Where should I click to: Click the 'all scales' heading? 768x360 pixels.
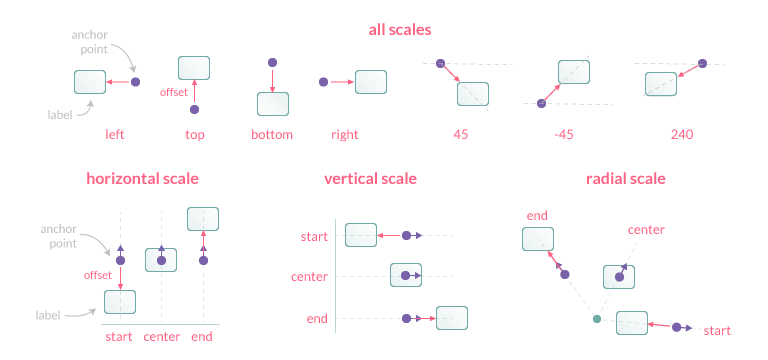coord(399,30)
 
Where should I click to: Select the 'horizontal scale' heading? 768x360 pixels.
coord(142,179)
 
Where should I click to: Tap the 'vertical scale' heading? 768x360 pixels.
coord(370,179)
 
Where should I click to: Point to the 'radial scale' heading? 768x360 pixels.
coord(626,179)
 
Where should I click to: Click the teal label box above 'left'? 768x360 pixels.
coord(90,81)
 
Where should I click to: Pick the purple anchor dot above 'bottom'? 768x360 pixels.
coord(272,64)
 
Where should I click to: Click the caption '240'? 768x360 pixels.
coord(683,134)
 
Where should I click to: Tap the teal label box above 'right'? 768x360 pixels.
coord(371,81)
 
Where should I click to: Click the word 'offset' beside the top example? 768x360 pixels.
coord(174,92)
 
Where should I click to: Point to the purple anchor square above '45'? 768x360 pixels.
coord(440,64)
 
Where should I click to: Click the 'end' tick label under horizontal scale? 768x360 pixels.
coord(201,336)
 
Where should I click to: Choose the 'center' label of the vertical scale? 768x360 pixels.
coord(309,277)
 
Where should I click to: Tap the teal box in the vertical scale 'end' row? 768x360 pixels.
coord(452,318)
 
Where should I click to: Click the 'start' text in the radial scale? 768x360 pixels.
coord(716,330)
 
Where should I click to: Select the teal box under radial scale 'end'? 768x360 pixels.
coord(537,239)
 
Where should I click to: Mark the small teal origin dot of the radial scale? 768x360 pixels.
coord(597,319)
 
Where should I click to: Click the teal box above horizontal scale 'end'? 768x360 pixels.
coord(203,218)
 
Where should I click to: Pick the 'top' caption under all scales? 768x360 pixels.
coord(195,134)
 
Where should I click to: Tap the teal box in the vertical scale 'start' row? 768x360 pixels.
coord(361,235)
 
